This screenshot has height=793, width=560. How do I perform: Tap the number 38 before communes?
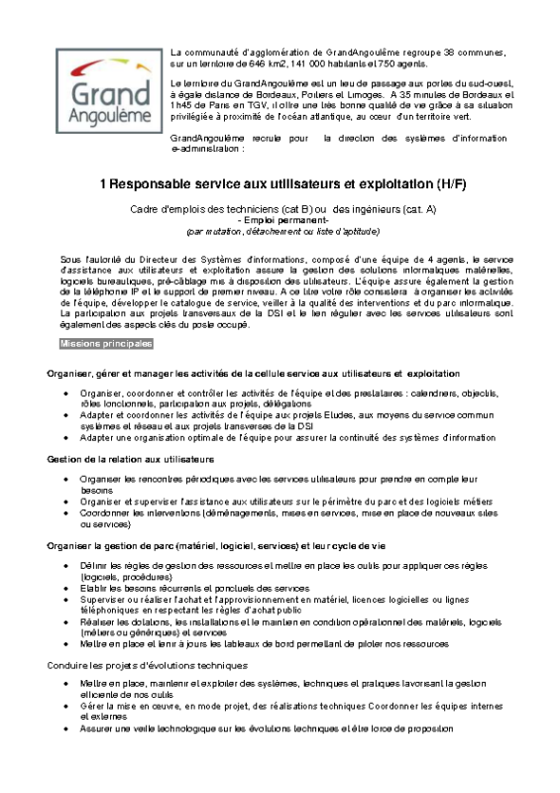(x=451, y=52)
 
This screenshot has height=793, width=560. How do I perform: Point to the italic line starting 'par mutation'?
(x=282, y=231)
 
